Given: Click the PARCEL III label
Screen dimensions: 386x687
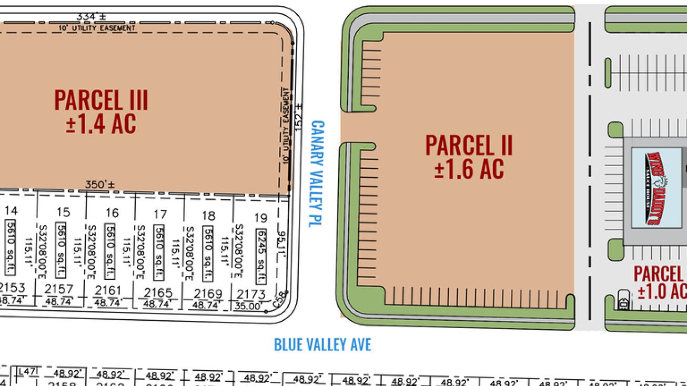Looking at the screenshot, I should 101,99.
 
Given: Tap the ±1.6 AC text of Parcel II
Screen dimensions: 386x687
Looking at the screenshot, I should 469,168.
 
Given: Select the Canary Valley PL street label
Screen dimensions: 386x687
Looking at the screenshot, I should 317,174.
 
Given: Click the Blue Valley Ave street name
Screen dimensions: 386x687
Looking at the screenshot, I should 322,344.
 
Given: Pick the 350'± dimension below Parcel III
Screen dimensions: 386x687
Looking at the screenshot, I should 100,185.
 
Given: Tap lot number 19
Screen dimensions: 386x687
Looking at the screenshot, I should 260,217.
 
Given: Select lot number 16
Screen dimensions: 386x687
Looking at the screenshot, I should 112,213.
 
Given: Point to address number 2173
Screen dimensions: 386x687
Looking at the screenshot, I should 251,294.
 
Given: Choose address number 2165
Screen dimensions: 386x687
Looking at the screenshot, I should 158,293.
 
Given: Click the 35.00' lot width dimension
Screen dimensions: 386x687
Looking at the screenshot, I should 248,306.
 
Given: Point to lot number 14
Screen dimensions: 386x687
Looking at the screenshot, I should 11,211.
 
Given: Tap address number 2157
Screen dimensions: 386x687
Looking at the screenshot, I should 58,289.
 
